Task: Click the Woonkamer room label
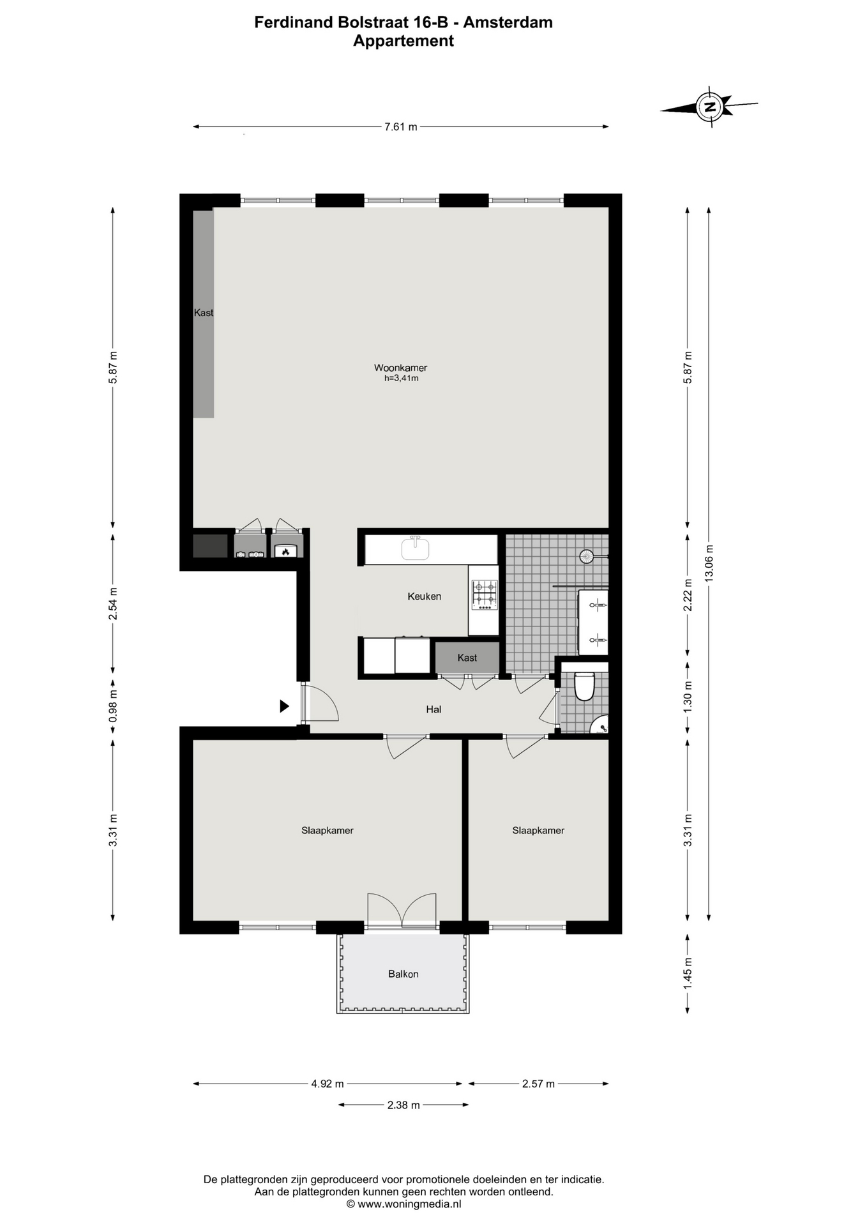pyautogui.click(x=400, y=368)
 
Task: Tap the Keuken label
pyautogui.click(x=425, y=596)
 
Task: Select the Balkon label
pyautogui.click(x=403, y=974)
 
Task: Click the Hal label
pyautogui.click(x=433, y=709)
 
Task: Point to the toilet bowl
pyautogui.click(x=585, y=686)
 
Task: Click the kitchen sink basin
pyautogui.click(x=415, y=549)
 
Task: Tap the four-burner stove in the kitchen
pyautogui.click(x=484, y=594)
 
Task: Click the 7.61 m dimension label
pyautogui.click(x=400, y=126)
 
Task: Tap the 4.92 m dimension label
pyautogui.click(x=328, y=1084)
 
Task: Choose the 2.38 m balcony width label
pyautogui.click(x=403, y=1105)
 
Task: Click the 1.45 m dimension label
pyautogui.click(x=688, y=974)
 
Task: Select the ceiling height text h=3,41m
pyautogui.click(x=401, y=378)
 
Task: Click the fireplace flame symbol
pyautogui.click(x=286, y=550)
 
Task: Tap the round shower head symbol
pyautogui.click(x=587, y=556)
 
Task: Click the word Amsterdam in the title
pyautogui.click(x=508, y=22)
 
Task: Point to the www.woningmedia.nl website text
pyautogui.click(x=409, y=1204)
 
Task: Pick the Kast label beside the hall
pyautogui.click(x=467, y=658)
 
